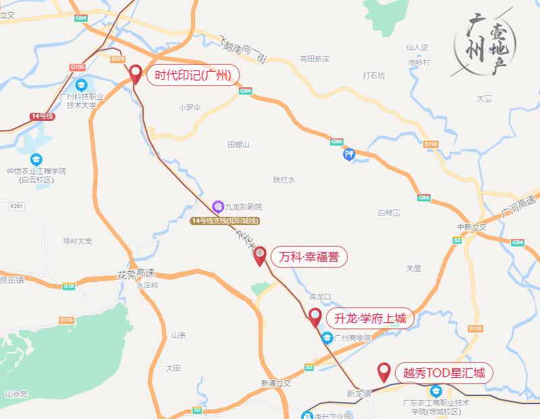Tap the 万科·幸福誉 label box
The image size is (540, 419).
coord(308,257)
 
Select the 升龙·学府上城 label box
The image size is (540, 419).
coord(369,318)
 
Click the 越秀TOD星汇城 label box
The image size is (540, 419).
coord(443,372)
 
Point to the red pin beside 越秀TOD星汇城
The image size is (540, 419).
coord(384,371)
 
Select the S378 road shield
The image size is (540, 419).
coord(117,59)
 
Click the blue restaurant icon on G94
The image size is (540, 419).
coord(348,155)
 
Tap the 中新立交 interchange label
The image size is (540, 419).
coord(471,227)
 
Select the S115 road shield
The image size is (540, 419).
coord(65,320)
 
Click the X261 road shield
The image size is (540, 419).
coord(17,205)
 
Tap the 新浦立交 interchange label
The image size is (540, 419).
coord(275,383)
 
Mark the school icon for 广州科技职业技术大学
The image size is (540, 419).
coord(81,85)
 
